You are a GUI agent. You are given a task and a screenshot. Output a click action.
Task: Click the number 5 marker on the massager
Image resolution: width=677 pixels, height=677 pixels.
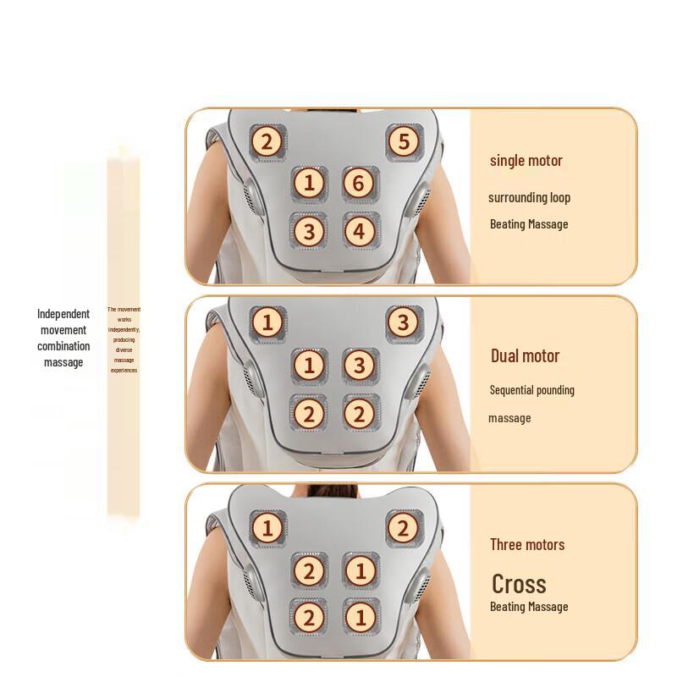[x=404, y=141]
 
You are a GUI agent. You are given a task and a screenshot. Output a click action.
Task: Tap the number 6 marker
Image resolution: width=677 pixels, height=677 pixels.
[x=359, y=183]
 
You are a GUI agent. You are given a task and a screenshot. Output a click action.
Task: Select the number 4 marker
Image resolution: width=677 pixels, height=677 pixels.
[x=359, y=230]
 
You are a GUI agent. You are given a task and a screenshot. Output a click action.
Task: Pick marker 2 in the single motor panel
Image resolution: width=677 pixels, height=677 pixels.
[x=267, y=141]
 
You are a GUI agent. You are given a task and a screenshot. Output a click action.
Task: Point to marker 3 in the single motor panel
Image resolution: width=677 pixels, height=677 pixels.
[x=309, y=230]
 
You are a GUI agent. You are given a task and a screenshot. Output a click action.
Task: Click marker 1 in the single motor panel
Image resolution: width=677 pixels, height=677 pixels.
[x=309, y=183]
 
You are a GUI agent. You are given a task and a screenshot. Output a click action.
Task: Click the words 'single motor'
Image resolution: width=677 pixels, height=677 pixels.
[x=526, y=161]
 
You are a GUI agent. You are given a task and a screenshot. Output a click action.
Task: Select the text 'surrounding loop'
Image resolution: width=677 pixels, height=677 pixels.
[x=529, y=198]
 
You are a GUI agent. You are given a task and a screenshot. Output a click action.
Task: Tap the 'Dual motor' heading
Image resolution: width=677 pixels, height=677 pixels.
[x=525, y=355]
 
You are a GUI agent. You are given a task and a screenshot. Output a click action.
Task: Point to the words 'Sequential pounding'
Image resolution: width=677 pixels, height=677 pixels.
[x=531, y=390]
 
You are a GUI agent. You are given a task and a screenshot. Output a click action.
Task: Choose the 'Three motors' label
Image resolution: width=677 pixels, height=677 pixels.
[x=526, y=544]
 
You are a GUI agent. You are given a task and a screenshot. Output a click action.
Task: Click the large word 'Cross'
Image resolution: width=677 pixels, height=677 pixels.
[x=519, y=584]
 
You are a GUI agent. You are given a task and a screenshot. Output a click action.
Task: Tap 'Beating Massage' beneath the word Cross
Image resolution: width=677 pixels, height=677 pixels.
[x=528, y=607]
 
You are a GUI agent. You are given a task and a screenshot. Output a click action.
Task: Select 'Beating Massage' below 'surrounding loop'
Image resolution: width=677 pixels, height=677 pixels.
[x=528, y=224]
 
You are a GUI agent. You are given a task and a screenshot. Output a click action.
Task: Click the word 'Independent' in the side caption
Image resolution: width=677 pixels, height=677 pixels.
[x=63, y=314]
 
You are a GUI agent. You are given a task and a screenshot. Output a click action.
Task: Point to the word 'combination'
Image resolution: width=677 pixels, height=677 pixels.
[x=63, y=346]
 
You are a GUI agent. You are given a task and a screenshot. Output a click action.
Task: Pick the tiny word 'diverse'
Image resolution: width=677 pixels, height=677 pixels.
[x=124, y=350]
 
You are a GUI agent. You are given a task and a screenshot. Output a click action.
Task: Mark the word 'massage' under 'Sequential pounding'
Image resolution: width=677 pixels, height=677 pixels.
[x=509, y=418]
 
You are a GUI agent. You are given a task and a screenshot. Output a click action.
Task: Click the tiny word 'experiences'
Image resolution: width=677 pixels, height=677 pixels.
[x=124, y=370]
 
